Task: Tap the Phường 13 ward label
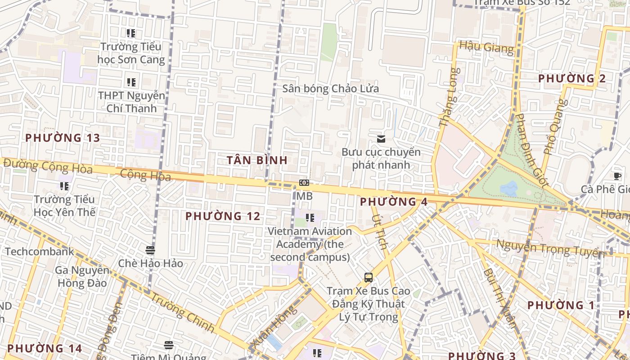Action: pos(62,138)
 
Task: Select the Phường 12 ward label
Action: pos(223,216)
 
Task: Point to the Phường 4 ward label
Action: pos(393,202)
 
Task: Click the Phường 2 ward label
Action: pos(571,78)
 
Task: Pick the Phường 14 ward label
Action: pos(45,348)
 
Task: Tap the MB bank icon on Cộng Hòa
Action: pos(304,183)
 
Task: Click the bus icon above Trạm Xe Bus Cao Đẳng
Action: pos(368,277)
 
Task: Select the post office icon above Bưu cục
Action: pos(381,139)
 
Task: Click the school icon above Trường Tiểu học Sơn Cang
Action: pos(131,33)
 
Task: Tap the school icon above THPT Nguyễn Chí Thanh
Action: pos(131,82)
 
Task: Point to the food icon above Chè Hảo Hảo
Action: pos(150,250)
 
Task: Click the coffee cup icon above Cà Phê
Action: pos(617,176)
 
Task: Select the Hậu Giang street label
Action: pos(486,47)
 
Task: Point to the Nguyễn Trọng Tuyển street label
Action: pos(550,248)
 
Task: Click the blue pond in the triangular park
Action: pos(509,189)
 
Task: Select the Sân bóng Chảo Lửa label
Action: pos(330,88)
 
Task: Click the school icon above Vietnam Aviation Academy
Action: pos(310,218)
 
